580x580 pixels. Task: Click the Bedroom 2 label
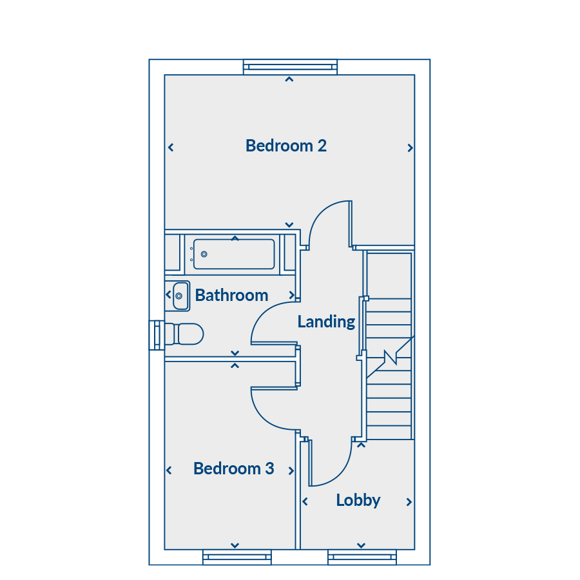coord(286,146)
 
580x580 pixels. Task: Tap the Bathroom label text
coord(231,295)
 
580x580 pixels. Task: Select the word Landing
coord(326,322)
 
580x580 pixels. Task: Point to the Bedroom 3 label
coord(234,469)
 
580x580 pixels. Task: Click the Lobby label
coord(358,501)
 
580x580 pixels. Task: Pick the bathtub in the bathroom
coord(234,254)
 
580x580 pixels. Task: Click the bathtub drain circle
coord(204,254)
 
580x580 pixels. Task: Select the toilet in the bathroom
coord(184,334)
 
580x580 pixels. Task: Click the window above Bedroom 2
coord(291,67)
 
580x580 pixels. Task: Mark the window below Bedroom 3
coord(237,557)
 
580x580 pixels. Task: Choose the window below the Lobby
coord(362,557)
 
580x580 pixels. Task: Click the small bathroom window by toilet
coord(157,335)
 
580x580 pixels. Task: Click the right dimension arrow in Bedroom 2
coord(410,148)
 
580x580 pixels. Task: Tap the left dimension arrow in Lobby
coord(305,501)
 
